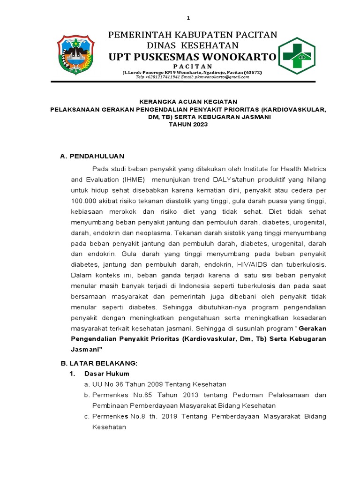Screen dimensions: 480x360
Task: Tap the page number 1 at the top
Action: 188,18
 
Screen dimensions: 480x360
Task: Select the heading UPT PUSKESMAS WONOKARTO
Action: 193,57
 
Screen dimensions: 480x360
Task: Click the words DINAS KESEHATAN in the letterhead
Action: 193,45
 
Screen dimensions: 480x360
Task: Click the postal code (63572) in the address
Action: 253,72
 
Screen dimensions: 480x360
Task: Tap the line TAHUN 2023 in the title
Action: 188,124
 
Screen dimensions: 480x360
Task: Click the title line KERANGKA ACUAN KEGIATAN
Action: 188,102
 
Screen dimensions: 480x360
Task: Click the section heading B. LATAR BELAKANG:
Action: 99,363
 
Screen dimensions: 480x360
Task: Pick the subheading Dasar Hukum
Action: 106,373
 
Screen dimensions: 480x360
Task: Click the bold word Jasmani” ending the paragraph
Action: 86,349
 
